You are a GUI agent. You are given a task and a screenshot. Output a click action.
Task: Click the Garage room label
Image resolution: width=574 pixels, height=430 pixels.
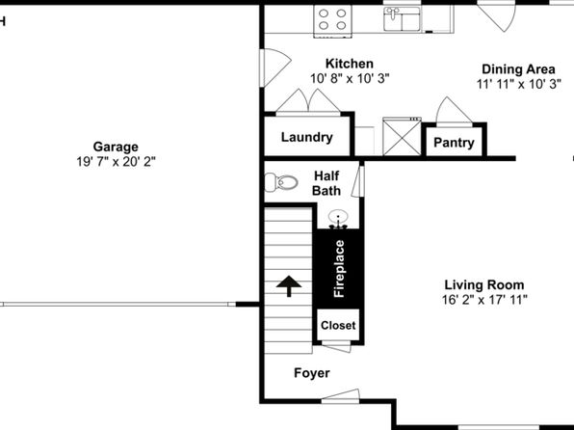[x=116, y=147]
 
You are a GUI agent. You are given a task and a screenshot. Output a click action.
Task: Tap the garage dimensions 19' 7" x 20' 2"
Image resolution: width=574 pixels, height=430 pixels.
[x=116, y=161]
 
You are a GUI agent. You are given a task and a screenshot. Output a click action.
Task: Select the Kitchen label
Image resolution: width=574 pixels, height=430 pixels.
[x=350, y=64]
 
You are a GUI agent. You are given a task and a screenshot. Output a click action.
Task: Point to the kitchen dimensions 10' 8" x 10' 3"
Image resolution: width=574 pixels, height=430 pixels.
[x=350, y=78]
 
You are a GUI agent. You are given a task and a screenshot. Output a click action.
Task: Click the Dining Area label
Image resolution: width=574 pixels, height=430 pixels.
[x=518, y=68]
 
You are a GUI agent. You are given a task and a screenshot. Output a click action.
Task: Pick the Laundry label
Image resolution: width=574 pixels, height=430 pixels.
[x=307, y=137]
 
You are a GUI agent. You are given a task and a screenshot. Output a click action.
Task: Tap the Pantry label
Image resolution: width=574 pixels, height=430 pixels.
[x=454, y=143]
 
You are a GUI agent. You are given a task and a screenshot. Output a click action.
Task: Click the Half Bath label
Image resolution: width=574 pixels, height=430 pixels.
[x=326, y=183]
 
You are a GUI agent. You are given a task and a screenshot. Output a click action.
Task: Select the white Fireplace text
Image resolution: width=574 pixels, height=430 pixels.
[x=339, y=269]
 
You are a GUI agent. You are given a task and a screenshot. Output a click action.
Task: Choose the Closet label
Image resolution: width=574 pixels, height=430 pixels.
[x=338, y=326]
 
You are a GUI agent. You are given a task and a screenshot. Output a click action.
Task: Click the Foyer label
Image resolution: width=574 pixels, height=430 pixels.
[x=312, y=373]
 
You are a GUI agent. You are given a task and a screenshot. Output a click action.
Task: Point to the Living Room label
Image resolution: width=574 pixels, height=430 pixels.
[x=484, y=284]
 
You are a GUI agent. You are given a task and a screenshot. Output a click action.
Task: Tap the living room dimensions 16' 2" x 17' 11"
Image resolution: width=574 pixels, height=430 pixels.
[x=484, y=300]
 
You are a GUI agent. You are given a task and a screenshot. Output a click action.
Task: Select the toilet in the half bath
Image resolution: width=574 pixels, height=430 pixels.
[x=281, y=182]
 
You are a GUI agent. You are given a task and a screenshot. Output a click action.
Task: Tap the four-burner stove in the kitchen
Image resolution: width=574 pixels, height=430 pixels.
[x=332, y=20]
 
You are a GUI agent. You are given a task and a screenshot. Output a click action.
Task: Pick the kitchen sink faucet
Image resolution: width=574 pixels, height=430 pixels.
[x=393, y=13]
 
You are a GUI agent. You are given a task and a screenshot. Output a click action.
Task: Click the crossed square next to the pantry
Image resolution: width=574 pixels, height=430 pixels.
[x=402, y=136]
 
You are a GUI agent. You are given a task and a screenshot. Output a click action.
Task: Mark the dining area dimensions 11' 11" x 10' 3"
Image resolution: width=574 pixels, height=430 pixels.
[x=519, y=84]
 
